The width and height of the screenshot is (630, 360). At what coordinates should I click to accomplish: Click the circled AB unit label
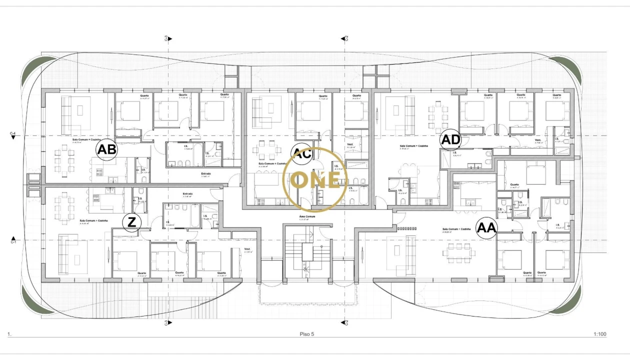click(106, 149)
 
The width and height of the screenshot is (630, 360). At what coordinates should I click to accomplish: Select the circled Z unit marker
click(131, 222)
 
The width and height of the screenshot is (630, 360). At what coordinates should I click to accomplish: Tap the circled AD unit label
click(450, 140)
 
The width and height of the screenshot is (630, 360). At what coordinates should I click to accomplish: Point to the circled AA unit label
click(486, 228)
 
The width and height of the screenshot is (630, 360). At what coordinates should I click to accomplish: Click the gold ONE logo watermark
click(314, 180)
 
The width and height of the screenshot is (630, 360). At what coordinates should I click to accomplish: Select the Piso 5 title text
click(306, 334)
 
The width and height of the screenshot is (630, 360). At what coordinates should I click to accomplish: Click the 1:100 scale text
click(599, 334)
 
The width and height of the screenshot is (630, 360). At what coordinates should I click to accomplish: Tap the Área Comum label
click(307, 217)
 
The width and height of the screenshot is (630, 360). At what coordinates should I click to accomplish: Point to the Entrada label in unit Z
click(187, 193)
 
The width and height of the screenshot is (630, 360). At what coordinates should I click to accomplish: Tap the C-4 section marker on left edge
click(13, 134)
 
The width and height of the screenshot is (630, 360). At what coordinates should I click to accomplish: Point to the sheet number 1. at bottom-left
click(9, 334)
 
